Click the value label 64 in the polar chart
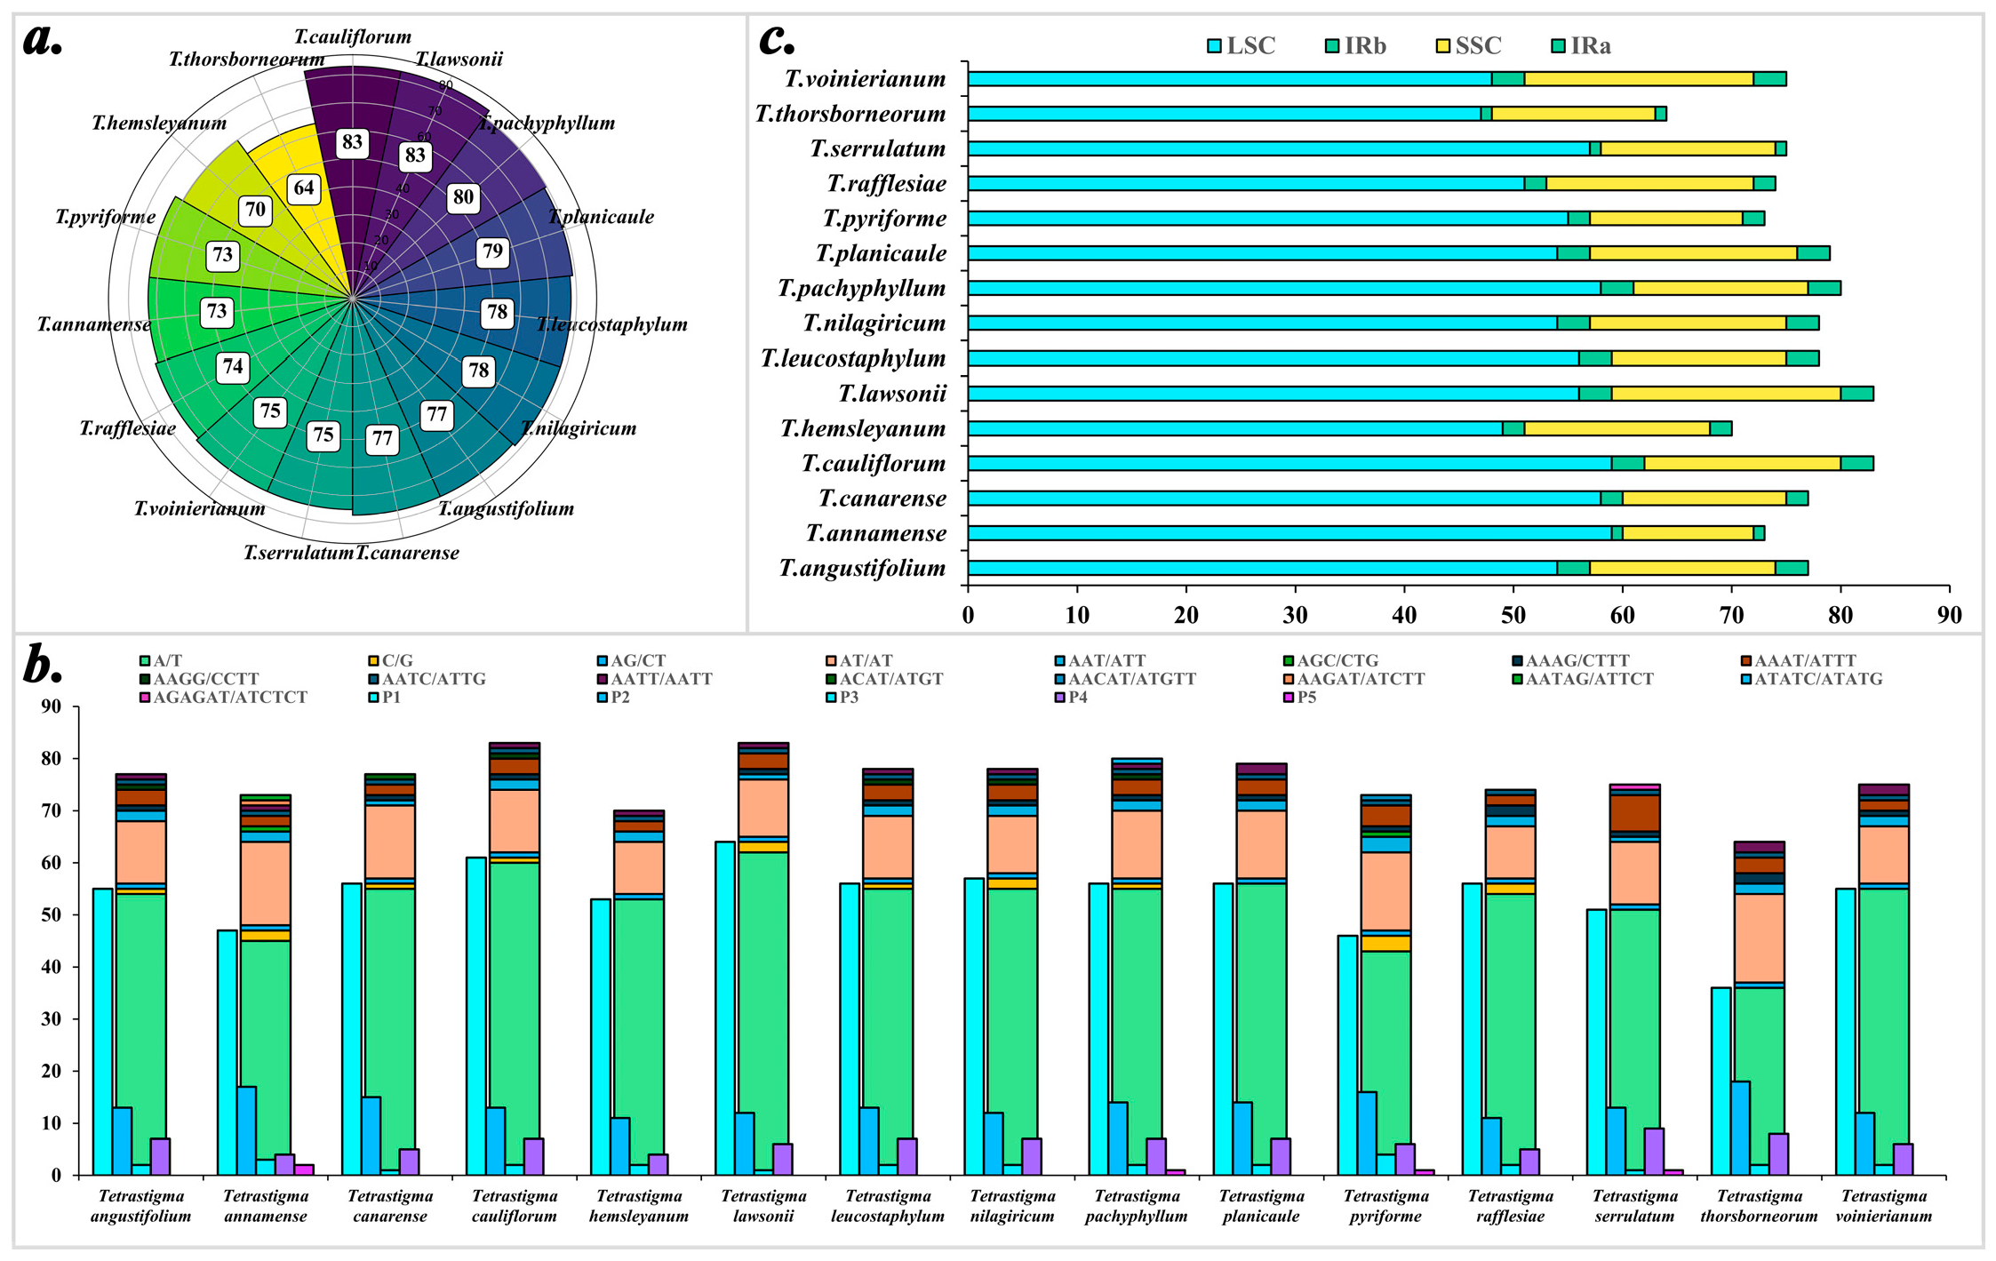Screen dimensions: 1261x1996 [304, 188]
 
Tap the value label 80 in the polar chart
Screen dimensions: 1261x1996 [463, 197]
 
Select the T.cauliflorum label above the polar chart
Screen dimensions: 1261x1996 [353, 36]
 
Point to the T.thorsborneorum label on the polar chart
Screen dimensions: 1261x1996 [246, 60]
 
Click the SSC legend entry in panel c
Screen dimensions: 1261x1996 [1468, 45]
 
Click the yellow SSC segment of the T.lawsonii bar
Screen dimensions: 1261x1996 [1726, 394]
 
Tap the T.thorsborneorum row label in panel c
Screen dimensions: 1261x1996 [850, 114]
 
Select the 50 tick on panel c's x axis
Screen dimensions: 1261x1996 [1513, 615]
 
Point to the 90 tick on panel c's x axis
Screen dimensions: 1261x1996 [1949, 615]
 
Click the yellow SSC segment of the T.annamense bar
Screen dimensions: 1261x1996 [1688, 533]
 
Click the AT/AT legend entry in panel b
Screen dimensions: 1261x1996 [858, 661]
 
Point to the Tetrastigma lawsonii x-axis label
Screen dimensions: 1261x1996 [763, 1206]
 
